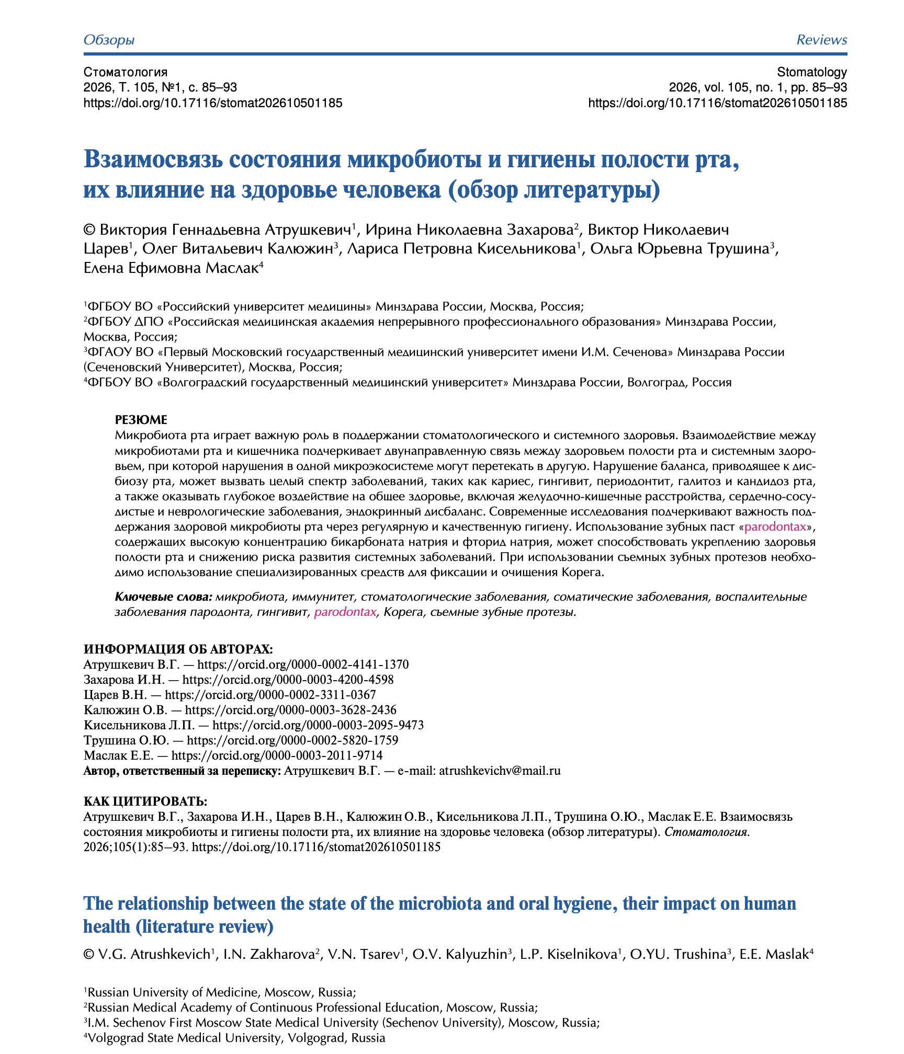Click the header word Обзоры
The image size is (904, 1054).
(109, 40)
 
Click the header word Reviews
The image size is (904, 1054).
(821, 40)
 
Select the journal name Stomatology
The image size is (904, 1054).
(812, 72)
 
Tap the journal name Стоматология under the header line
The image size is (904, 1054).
(126, 72)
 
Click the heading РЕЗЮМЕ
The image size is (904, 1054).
(141, 420)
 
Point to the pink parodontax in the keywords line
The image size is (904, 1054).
(345, 612)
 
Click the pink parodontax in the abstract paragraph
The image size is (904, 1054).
(775, 526)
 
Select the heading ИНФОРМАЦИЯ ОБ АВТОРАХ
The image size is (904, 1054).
(178, 649)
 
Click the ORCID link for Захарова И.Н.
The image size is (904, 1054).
(288, 680)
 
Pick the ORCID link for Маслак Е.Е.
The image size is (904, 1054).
(277, 755)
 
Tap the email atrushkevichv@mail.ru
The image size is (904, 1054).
(500, 771)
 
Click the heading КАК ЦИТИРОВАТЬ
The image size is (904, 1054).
(145, 801)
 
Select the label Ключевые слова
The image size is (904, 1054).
(163, 597)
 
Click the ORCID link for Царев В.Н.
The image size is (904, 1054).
(270, 695)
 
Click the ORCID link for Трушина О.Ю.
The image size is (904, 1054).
(292, 740)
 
